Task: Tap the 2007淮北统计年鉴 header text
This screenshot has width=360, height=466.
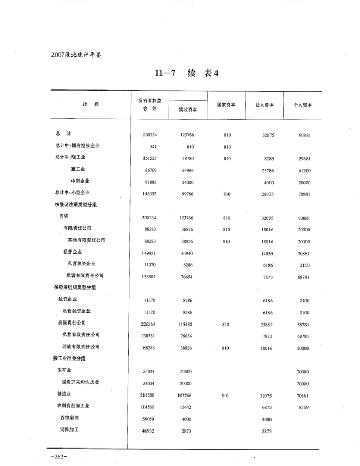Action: pos(77,55)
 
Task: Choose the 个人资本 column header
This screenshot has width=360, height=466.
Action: pos(303,105)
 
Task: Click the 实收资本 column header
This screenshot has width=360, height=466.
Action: pos(187,109)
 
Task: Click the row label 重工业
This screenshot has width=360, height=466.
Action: pos(78,169)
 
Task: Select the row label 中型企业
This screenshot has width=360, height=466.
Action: pos(80,181)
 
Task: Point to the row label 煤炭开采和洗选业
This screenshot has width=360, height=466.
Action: pos(80,382)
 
